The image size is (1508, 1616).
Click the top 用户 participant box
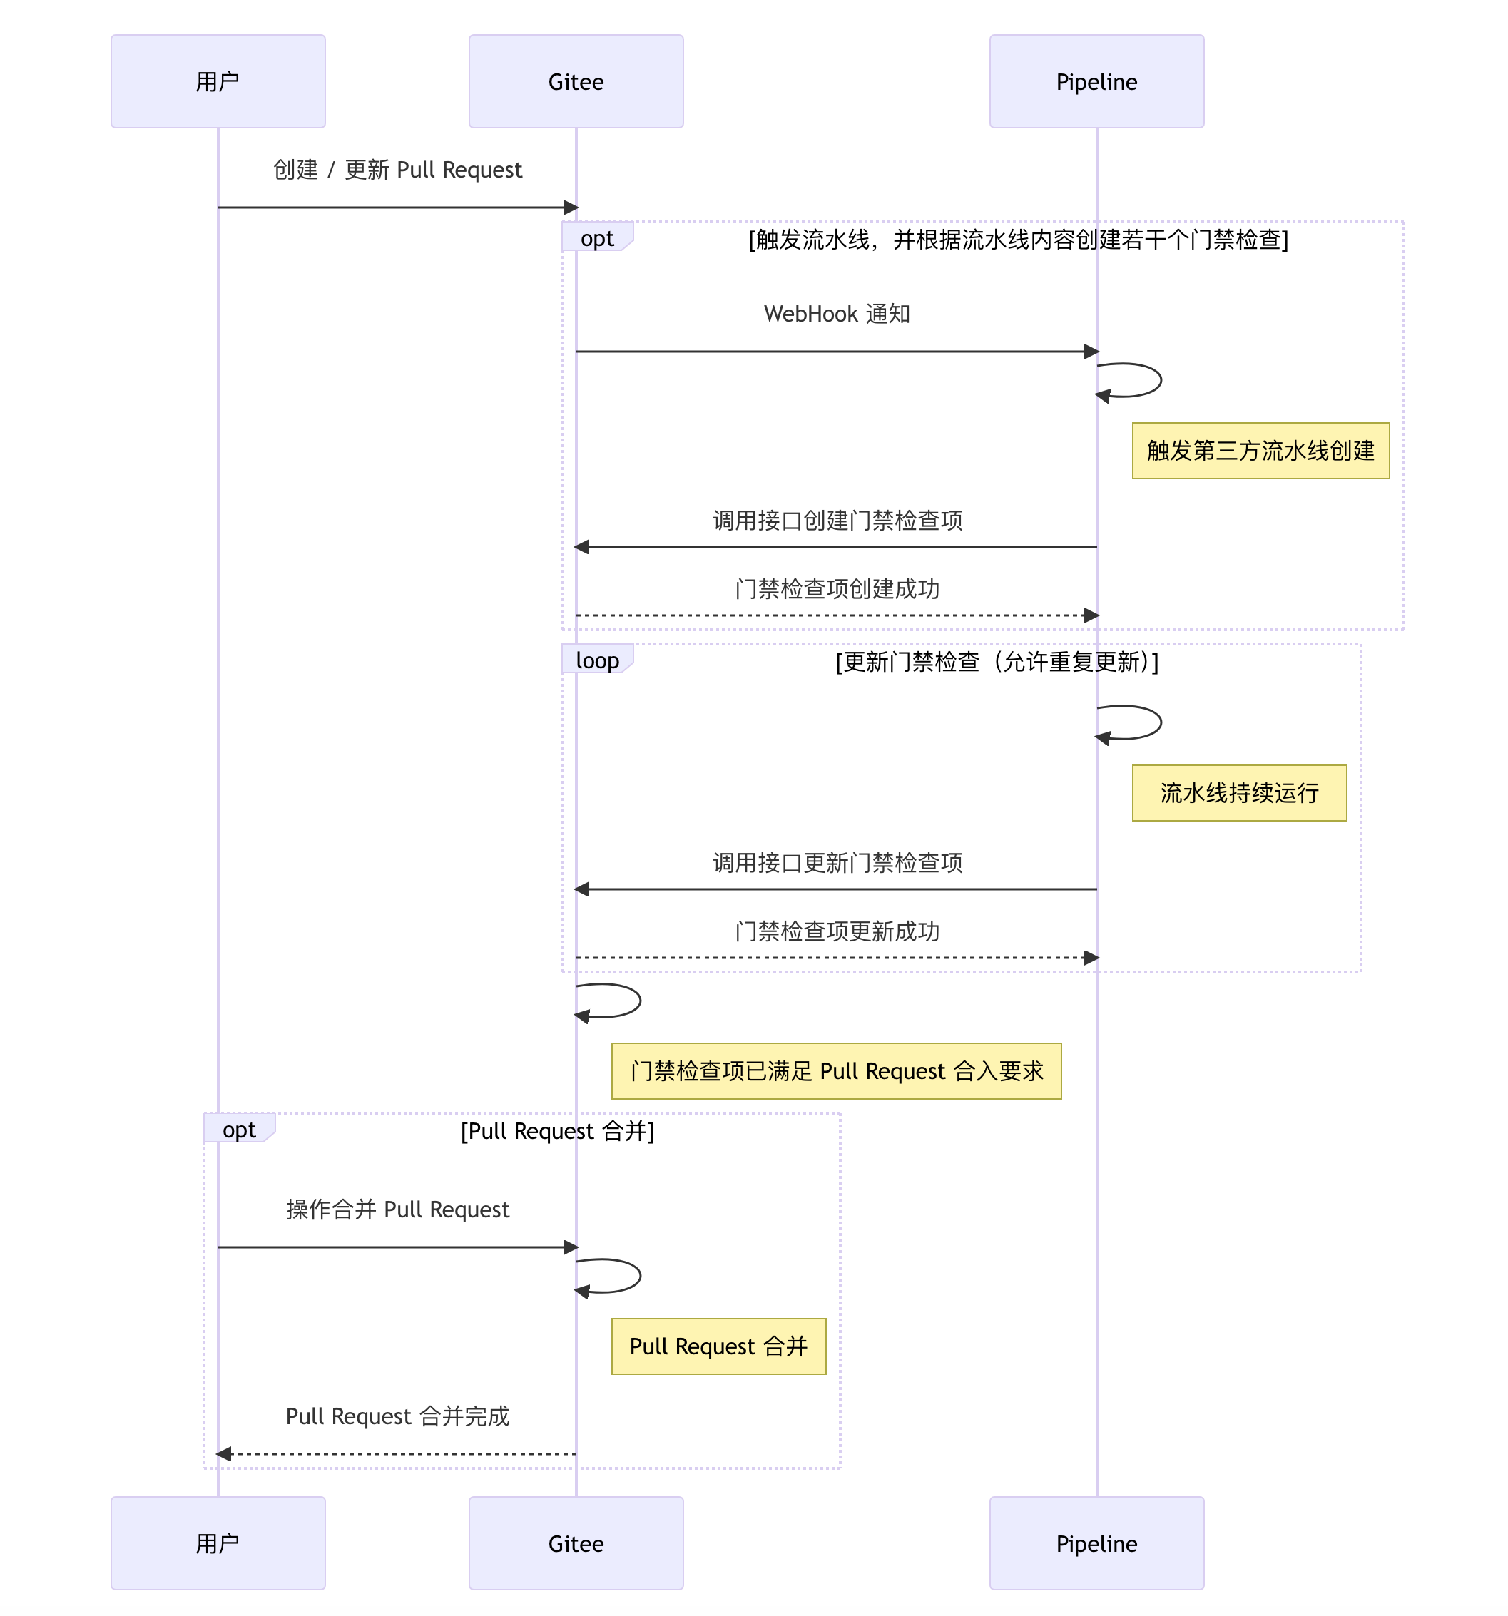(x=218, y=81)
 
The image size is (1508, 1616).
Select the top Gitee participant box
(x=576, y=81)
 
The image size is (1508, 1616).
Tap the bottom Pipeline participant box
(x=1096, y=1543)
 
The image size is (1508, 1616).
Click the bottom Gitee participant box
(x=576, y=1543)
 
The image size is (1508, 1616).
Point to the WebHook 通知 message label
(x=837, y=314)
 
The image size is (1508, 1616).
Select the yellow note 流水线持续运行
(x=1239, y=792)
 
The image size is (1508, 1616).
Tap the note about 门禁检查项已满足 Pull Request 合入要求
(x=836, y=1070)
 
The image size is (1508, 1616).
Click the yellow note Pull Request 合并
(x=718, y=1346)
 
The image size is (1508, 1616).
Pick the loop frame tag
(x=596, y=660)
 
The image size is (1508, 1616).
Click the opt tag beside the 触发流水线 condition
(x=596, y=238)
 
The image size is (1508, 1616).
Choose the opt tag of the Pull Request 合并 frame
(x=239, y=1129)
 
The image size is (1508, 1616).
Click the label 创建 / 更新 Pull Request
(x=397, y=170)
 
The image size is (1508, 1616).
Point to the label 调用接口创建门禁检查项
(x=837, y=520)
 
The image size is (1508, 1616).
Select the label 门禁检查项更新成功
(x=837, y=931)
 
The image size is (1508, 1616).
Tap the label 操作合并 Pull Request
(x=397, y=1210)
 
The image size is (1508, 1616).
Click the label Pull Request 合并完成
(x=397, y=1416)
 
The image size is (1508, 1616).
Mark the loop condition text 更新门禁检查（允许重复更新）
(x=997, y=662)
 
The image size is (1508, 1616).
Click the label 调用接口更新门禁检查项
(x=837, y=862)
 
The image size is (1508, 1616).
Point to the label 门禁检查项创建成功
(x=837, y=588)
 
